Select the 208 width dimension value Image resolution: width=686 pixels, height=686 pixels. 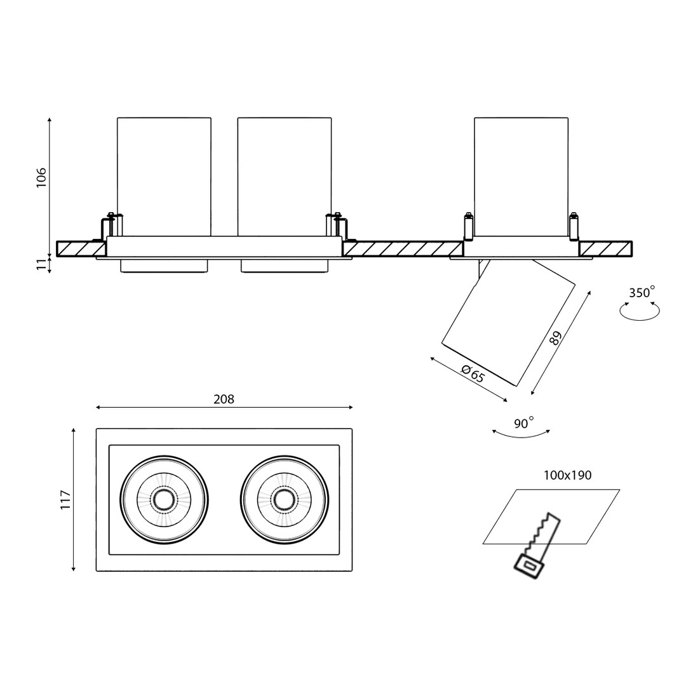[x=224, y=400]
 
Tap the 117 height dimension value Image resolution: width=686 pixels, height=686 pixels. [x=65, y=500]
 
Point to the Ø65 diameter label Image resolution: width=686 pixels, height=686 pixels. [x=473, y=373]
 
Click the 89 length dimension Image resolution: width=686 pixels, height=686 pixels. [x=556, y=338]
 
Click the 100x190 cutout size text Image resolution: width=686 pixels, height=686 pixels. [x=567, y=475]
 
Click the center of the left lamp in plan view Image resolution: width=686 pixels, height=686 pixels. [x=164, y=500]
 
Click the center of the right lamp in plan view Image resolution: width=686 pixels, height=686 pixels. [x=285, y=500]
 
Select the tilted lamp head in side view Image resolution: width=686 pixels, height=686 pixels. [x=508, y=323]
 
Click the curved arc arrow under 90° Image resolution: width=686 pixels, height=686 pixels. [x=521, y=435]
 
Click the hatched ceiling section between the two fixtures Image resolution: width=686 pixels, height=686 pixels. [x=403, y=249]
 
